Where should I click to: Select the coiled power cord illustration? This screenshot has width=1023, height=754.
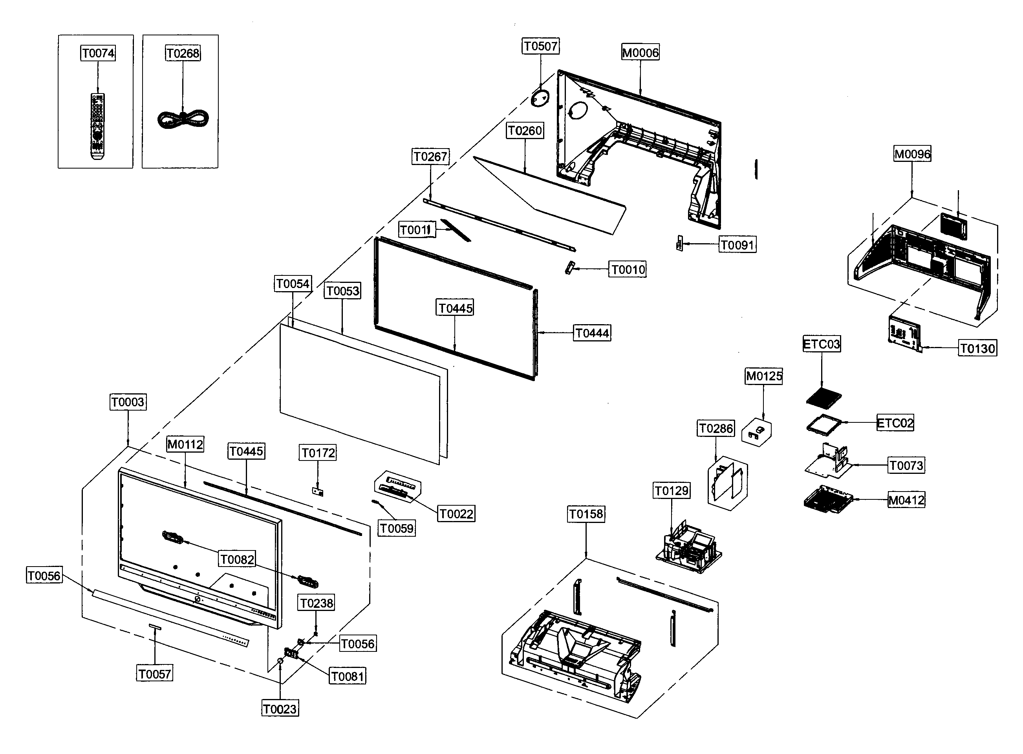(x=183, y=119)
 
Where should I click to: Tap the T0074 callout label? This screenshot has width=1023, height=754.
(x=98, y=53)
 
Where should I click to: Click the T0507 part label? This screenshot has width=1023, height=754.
(x=540, y=46)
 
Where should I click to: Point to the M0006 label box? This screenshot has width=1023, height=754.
(x=641, y=53)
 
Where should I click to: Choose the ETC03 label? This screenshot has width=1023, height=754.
(x=822, y=344)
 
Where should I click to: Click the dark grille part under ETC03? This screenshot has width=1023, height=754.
(x=824, y=397)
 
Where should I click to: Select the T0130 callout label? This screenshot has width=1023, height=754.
(x=977, y=349)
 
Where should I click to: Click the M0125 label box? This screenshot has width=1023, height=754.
(x=763, y=376)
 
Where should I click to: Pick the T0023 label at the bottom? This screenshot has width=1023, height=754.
(x=280, y=709)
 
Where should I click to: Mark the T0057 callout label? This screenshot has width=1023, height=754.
(x=155, y=674)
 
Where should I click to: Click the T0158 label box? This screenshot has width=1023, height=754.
(x=586, y=514)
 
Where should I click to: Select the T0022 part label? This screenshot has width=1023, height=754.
(x=456, y=514)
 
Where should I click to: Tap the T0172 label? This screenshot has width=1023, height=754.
(x=318, y=453)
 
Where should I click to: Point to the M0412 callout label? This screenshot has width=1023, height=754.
(x=906, y=500)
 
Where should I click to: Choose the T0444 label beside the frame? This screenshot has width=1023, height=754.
(x=592, y=333)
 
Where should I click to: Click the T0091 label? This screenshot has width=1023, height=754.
(x=737, y=245)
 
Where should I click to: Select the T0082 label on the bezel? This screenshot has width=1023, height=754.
(x=237, y=559)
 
